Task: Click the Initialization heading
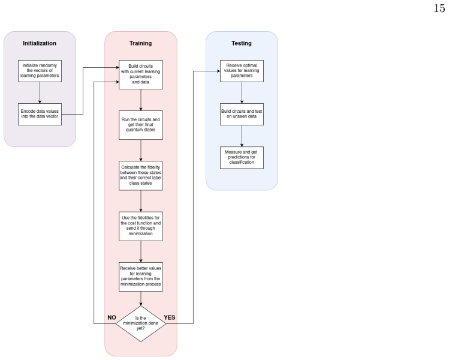coord(40,43)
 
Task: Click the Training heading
coord(141,43)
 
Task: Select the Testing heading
coord(242,43)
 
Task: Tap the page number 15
coord(439,8)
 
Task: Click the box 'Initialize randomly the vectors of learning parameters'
coord(40,71)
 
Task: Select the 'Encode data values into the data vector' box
coord(40,114)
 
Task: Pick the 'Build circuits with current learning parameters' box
coord(141,74)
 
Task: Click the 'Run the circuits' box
coord(141,125)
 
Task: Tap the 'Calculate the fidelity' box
coord(141,175)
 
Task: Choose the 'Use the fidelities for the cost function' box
coord(141,226)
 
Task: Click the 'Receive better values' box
coord(141,277)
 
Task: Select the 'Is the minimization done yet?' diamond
coord(141,323)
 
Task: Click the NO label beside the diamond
coord(112,317)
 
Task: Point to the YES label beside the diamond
coord(170,317)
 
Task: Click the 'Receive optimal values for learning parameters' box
coord(242,71)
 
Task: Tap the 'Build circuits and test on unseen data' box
coord(242,114)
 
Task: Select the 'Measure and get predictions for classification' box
coord(242,158)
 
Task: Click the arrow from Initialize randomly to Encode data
coord(40,93)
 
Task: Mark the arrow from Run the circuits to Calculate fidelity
coord(141,151)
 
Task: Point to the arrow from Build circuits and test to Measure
coord(242,136)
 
